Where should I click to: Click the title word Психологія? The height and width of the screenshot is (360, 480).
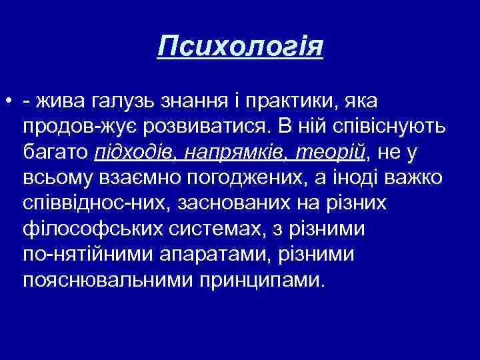point(240,48)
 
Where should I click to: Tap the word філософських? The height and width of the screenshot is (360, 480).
point(87,229)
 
